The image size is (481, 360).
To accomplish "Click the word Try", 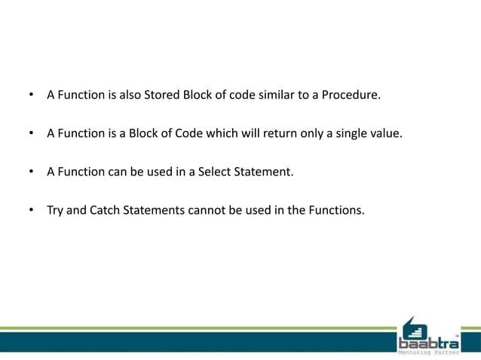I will [55, 210].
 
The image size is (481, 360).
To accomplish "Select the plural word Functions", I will [336, 210].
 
